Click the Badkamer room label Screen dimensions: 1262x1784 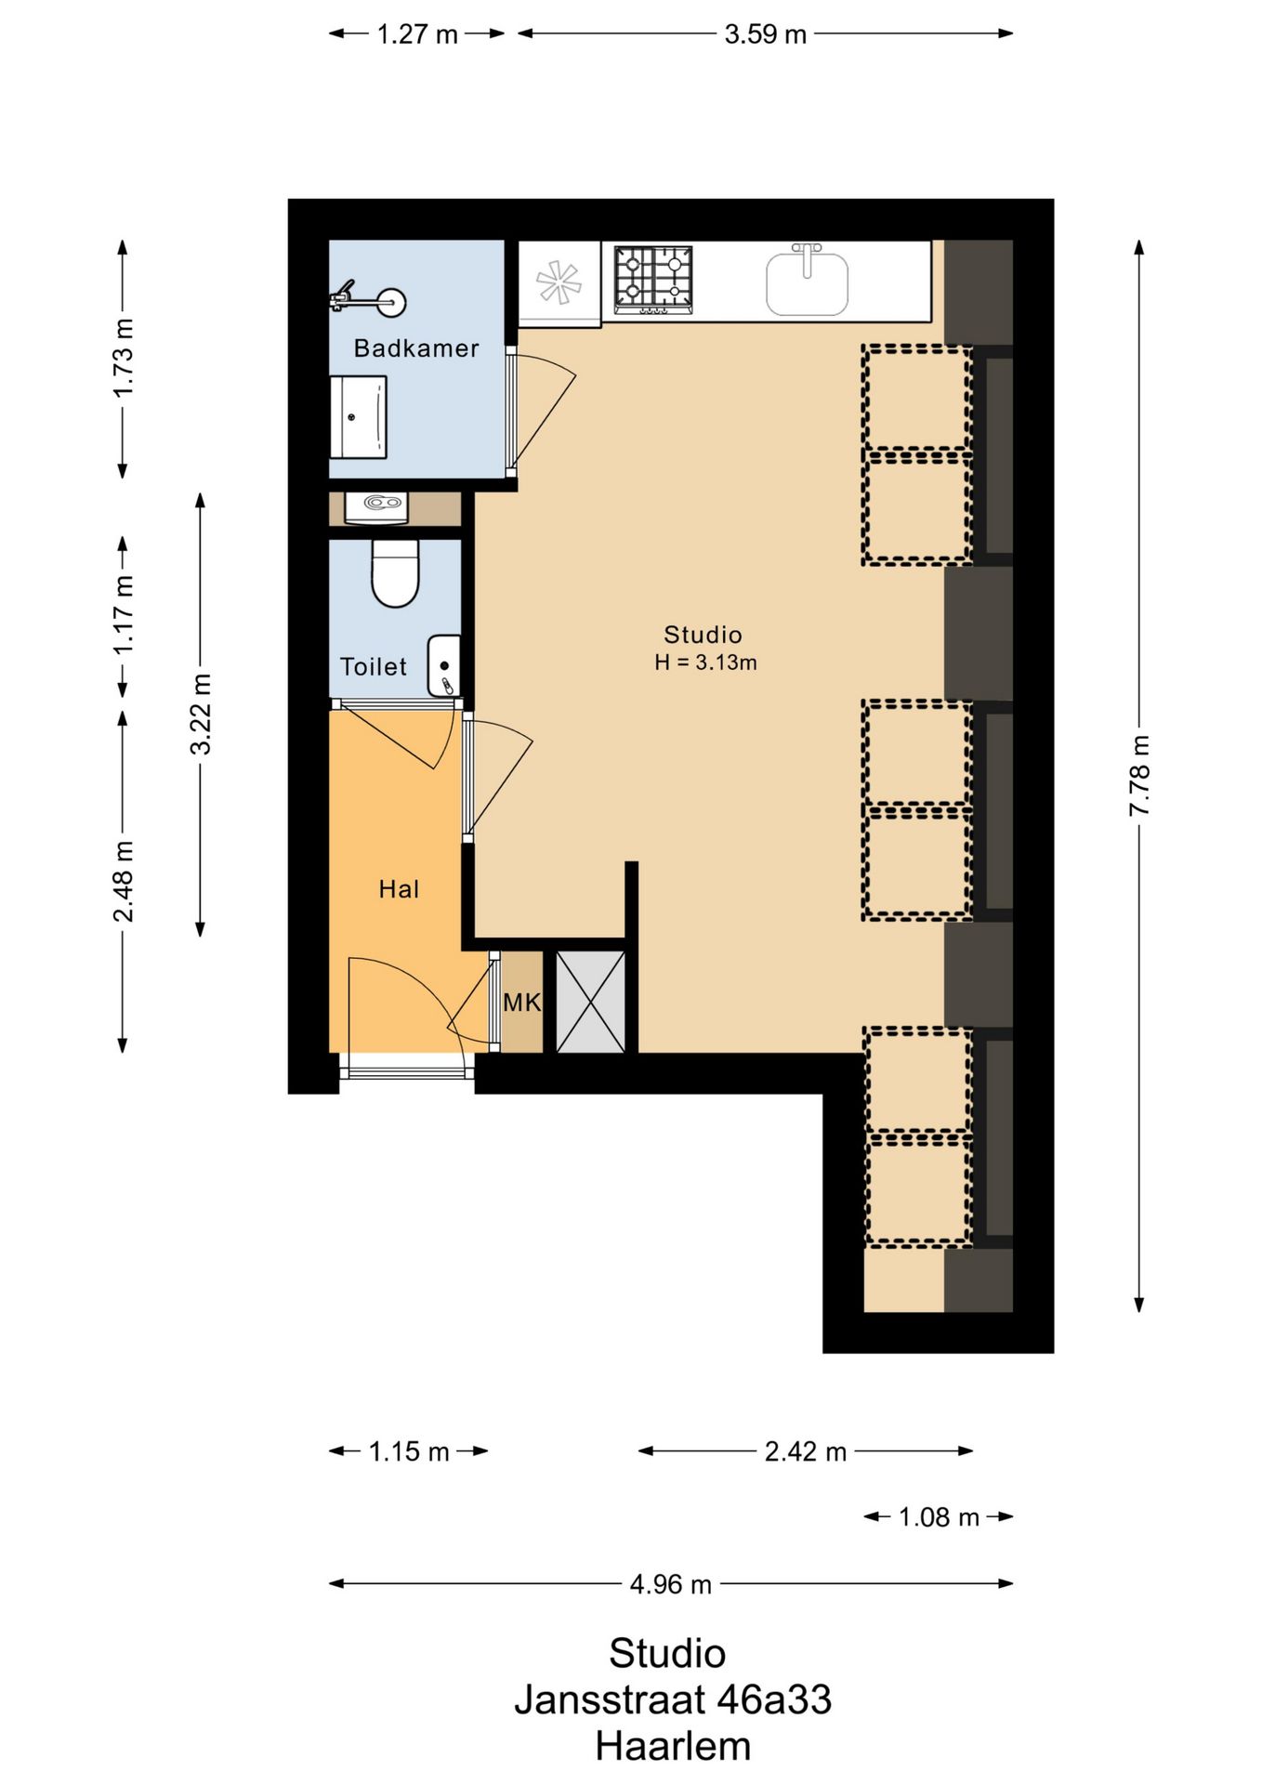coord(416,348)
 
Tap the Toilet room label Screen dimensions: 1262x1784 coord(374,666)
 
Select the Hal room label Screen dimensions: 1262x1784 coord(399,889)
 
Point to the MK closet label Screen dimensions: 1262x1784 coord(521,1003)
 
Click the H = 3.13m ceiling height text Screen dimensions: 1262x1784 coord(705,662)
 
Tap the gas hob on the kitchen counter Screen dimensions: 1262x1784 coord(653,279)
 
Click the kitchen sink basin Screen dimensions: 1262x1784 coord(807,283)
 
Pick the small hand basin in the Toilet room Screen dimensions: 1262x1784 coord(443,665)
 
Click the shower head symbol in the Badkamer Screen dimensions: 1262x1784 coord(370,299)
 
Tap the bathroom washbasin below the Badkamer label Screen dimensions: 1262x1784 coord(359,416)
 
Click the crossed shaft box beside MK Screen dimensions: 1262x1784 coord(591,1002)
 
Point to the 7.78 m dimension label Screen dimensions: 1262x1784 coord(1139,776)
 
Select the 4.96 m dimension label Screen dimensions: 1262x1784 coord(670,1584)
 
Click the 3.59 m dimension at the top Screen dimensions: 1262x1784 coord(765,34)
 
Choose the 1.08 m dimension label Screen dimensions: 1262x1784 coord(939,1517)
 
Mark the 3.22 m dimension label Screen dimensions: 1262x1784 coord(201,714)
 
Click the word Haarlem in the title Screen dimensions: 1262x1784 coord(673,1746)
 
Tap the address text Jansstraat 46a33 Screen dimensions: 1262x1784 coord(673,1699)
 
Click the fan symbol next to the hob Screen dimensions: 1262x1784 coord(559,282)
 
